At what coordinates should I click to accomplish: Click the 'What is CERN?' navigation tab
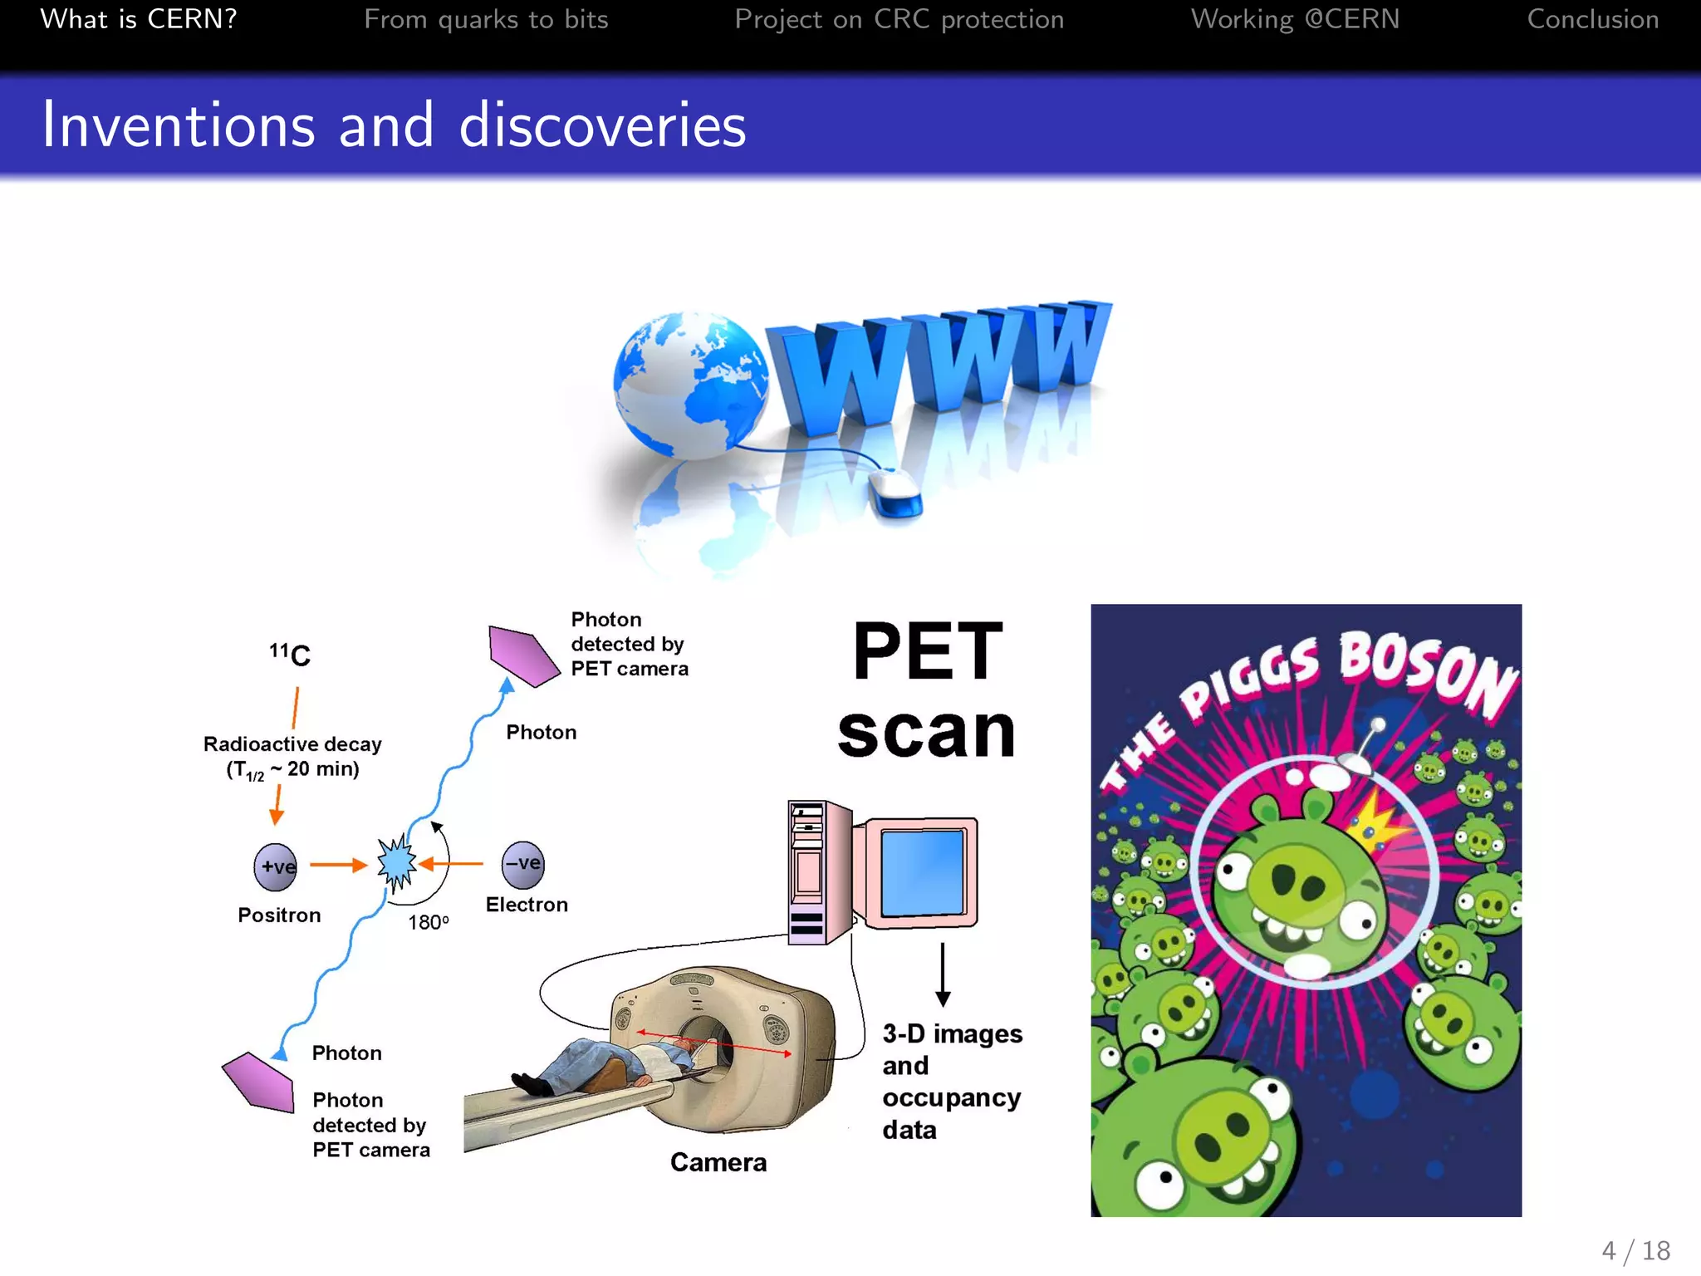point(139,19)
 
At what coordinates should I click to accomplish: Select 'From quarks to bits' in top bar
point(486,19)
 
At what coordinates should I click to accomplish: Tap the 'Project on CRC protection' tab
point(899,19)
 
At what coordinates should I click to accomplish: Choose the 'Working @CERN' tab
point(1295,19)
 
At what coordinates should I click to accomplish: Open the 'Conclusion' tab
point(1592,19)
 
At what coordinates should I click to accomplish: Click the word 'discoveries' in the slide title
point(602,125)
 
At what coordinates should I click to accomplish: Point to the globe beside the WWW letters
point(689,385)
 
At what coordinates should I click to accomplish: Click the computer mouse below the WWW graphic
point(894,492)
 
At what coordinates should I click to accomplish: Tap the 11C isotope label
point(290,655)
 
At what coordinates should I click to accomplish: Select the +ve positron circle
point(276,866)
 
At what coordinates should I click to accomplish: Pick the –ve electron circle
point(523,864)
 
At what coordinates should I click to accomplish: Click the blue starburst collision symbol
point(396,863)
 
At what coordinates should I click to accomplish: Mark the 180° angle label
point(428,922)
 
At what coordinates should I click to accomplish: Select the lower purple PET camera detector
point(258,1082)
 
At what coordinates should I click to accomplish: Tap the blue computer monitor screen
point(922,872)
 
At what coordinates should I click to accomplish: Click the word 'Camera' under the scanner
point(718,1162)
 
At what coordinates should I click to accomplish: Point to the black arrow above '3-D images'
point(943,974)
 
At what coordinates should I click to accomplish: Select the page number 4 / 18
point(1635,1250)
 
